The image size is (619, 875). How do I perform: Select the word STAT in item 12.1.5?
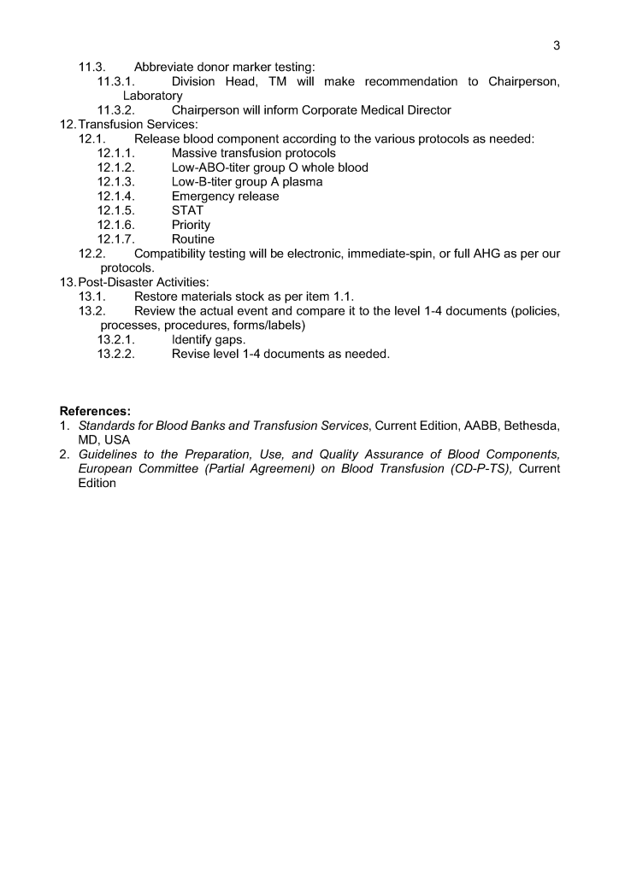[188, 210]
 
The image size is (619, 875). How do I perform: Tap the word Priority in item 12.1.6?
[191, 225]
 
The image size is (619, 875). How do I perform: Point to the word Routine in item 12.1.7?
[193, 239]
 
